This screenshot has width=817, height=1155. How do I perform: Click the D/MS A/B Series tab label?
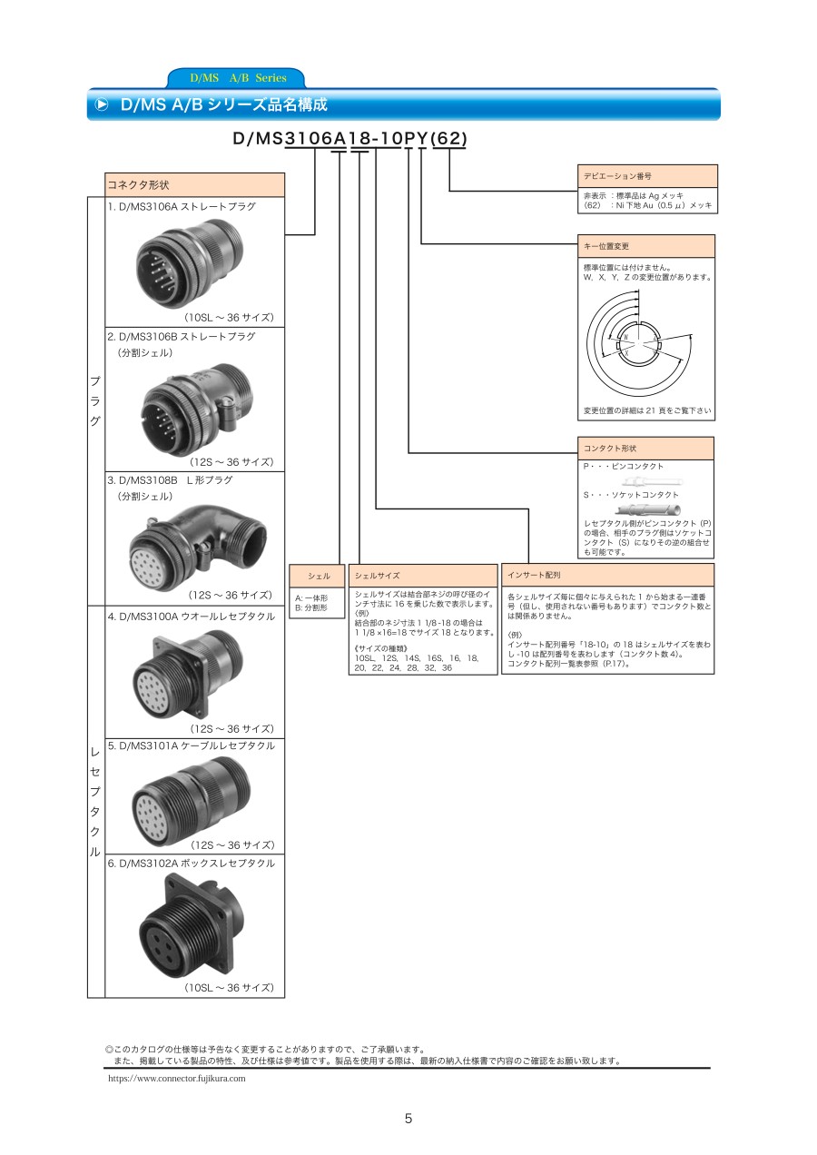pyautogui.click(x=238, y=78)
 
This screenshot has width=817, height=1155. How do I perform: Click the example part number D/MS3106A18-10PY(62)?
pyautogui.click(x=350, y=138)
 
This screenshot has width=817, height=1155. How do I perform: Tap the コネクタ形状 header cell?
pyautogui.click(x=194, y=184)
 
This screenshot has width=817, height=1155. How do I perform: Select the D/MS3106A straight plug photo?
pyautogui.click(x=189, y=262)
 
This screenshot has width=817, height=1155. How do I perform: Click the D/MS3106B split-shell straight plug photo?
pyautogui.click(x=197, y=409)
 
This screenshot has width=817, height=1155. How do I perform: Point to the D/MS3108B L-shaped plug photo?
pyautogui.click(x=197, y=548)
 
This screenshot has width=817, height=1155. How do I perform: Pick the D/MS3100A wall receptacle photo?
pyautogui.click(x=187, y=674)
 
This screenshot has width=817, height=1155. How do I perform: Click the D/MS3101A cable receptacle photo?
pyautogui.click(x=192, y=803)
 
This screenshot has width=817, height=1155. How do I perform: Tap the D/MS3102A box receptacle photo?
pyautogui.click(x=192, y=926)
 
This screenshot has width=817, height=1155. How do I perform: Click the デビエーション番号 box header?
pyautogui.click(x=647, y=176)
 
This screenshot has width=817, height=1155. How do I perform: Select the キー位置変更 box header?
pyautogui.click(x=646, y=246)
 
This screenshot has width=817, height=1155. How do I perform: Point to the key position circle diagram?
pyautogui.click(x=639, y=343)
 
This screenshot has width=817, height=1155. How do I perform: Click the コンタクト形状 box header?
pyautogui.click(x=645, y=449)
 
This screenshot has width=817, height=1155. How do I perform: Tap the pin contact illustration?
pyautogui.click(x=652, y=482)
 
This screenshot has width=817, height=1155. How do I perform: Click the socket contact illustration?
pyautogui.click(x=648, y=510)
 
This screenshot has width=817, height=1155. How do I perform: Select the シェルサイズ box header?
pyautogui.click(x=423, y=576)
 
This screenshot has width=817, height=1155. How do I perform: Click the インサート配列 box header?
pyautogui.click(x=607, y=575)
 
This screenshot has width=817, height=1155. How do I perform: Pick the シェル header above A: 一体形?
pyautogui.click(x=317, y=576)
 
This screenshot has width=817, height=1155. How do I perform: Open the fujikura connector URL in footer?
pyautogui.click(x=177, y=1078)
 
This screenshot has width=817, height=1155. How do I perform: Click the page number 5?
pyautogui.click(x=408, y=1119)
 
